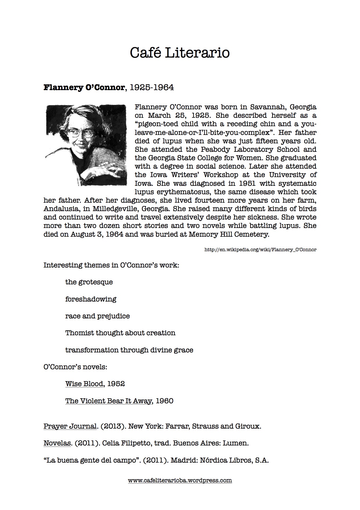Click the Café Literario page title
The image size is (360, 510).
180,53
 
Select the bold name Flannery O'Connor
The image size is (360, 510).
84,88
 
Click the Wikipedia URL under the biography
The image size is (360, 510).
260,249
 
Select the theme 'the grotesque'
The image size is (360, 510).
89,282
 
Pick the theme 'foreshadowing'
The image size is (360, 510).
91,299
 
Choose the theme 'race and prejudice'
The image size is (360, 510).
97,316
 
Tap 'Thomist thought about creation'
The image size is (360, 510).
120,333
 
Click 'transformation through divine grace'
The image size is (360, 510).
129,350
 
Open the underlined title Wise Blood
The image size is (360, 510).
84,384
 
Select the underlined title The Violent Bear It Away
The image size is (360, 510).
108,401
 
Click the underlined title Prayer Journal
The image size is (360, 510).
70,426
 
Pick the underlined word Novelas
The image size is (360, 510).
57,443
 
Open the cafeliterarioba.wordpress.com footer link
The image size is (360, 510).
180,481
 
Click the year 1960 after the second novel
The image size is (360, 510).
164,401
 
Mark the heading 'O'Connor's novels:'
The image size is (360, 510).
75,367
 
